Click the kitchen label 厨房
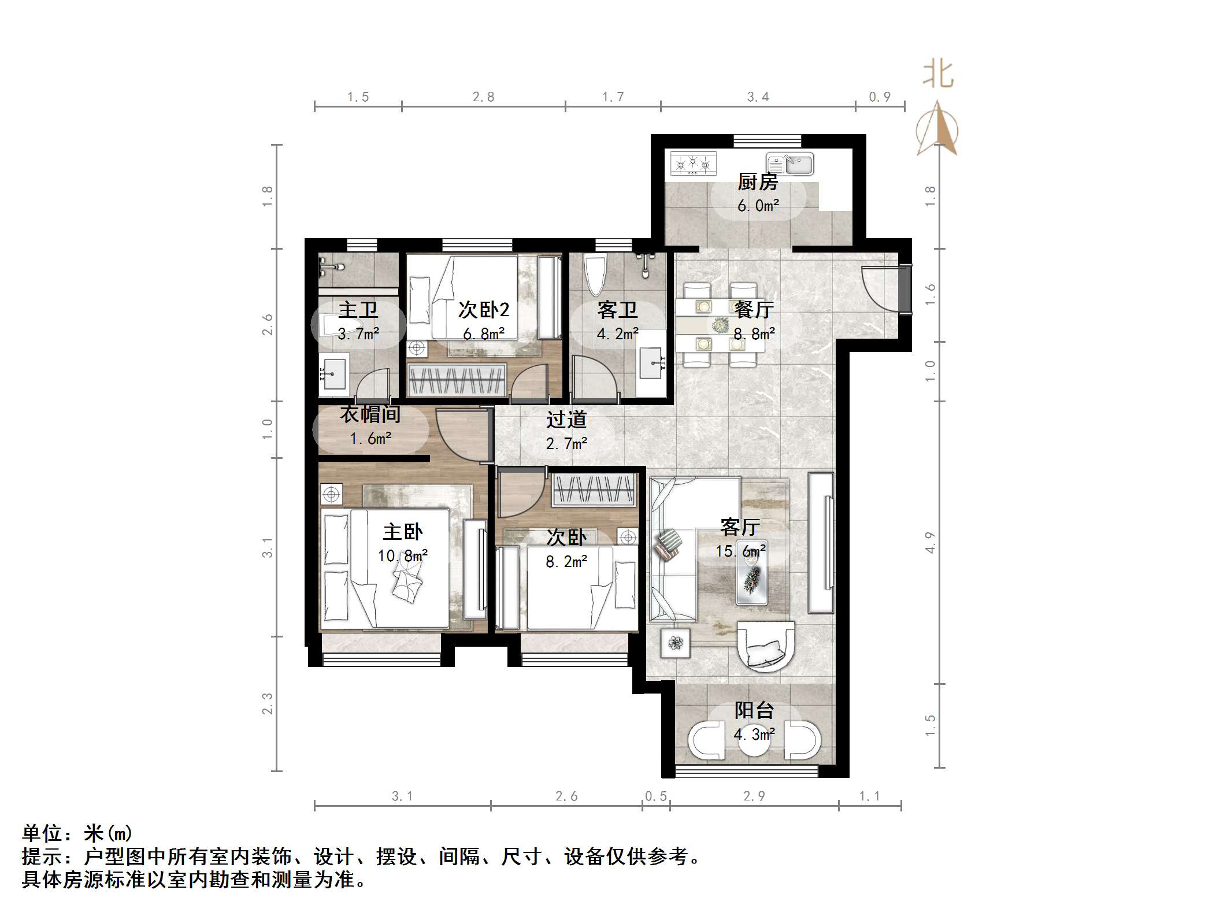tap(757, 182)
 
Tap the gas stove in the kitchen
tap(693, 164)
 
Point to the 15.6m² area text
tap(741, 551)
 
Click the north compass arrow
tap(937, 130)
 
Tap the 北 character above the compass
tap(937, 76)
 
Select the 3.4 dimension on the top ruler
tap(758, 97)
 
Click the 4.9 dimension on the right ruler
tap(929, 542)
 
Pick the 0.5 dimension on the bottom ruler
tap(656, 796)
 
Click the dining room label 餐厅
tap(753, 310)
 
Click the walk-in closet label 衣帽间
tap(370, 414)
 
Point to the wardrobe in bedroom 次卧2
tap(457, 380)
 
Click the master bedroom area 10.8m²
tap(403, 556)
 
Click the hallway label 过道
tap(566, 420)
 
